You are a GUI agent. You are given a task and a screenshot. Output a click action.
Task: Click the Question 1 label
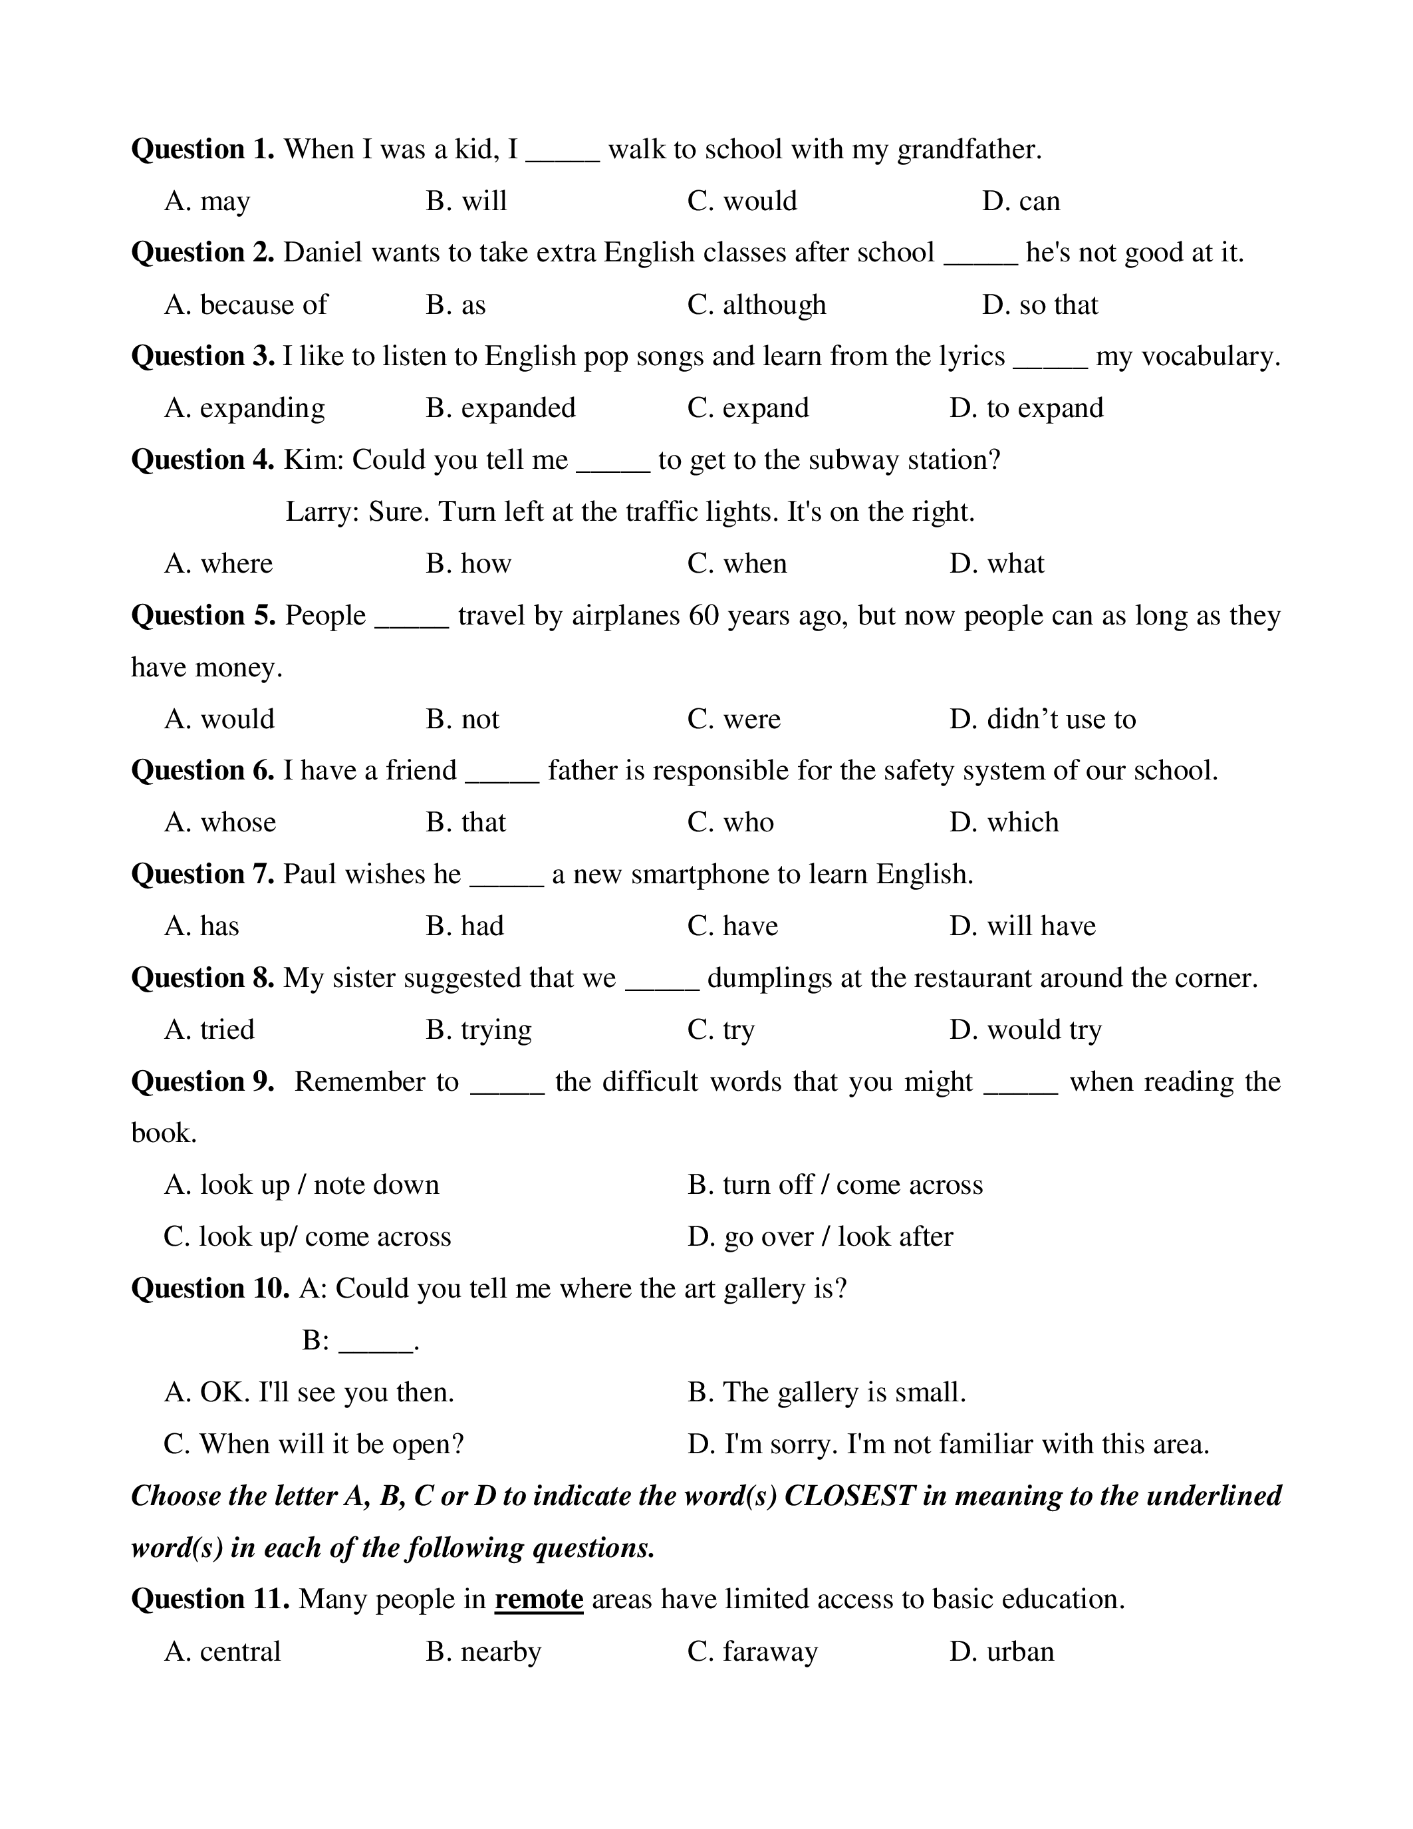pyautogui.click(x=203, y=150)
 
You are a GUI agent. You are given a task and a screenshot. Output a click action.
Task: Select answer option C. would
pyautogui.click(x=741, y=202)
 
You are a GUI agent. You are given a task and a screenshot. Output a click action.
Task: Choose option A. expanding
pyautogui.click(x=245, y=408)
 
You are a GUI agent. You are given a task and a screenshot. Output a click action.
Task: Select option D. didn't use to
pyautogui.click(x=1042, y=720)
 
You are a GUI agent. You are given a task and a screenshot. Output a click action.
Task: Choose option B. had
pyautogui.click(x=465, y=927)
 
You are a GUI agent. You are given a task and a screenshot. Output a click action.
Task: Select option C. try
pyautogui.click(x=721, y=1031)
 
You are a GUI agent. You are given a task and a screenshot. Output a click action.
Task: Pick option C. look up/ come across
pyautogui.click(x=307, y=1238)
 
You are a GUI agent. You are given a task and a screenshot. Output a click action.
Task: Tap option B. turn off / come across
pyautogui.click(x=835, y=1186)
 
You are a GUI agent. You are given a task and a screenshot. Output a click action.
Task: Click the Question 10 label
pyautogui.click(x=210, y=1289)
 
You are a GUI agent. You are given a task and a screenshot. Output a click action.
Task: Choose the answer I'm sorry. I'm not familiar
pyautogui.click(x=948, y=1445)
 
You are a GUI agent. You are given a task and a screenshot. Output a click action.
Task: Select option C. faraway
pyautogui.click(x=751, y=1652)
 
